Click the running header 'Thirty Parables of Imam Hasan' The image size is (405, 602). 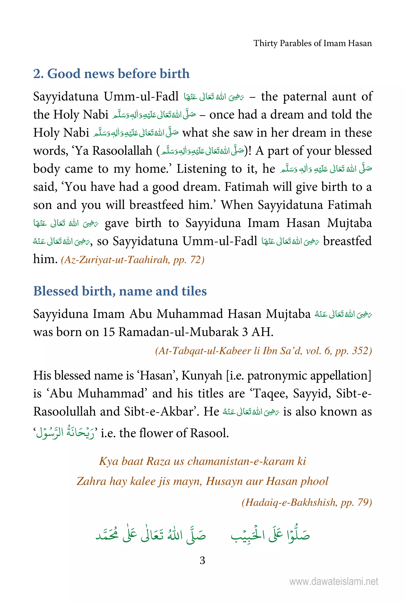point(312,43)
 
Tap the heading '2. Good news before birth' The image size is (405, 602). point(111,74)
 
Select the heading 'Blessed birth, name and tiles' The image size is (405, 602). point(120,291)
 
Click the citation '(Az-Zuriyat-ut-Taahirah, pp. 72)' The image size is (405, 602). point(132,259)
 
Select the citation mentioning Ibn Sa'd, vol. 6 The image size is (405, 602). point(263,351)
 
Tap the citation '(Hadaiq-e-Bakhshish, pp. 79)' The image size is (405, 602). point(307,502)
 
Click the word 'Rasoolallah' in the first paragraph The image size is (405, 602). point(122,151)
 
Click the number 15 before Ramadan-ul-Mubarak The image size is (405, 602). point(109,332)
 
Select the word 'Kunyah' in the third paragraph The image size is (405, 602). point(202,376)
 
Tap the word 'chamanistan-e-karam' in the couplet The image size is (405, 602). point(241,461)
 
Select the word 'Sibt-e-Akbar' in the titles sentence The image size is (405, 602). point(159,411)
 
